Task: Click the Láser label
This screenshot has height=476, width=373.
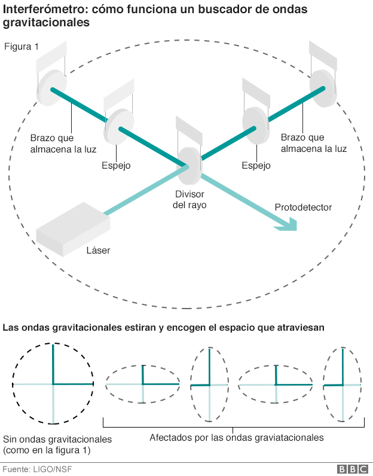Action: [x=98, y=251]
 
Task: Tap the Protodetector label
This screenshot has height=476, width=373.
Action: [x=303, y=208]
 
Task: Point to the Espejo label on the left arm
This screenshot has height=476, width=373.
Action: [x=115, y=165]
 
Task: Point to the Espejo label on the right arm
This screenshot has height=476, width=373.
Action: [x=256, y=165]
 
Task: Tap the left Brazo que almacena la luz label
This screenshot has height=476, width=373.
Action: [x=64, y=143]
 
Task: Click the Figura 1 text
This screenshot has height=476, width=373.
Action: [x=22, y=47]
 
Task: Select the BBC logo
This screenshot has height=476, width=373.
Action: [x=352, y=469]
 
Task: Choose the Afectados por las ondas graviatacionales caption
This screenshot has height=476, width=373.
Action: [x=236, y=437]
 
